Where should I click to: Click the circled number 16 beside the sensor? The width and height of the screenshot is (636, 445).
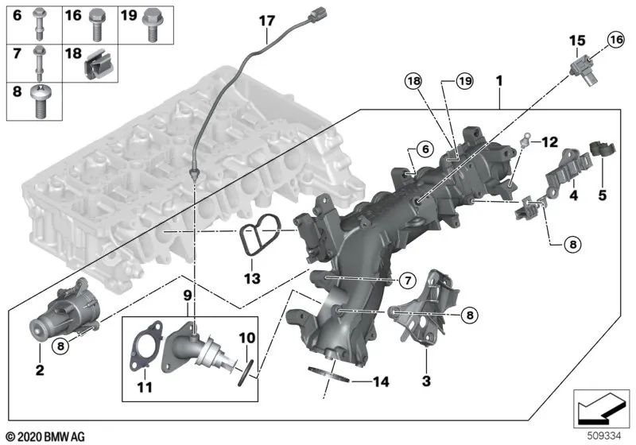pyautogui.click(x=616, y=39)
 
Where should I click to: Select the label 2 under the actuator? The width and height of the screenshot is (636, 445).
pyautogui.click(x=41, y=370)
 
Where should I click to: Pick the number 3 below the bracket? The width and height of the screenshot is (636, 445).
pyautogui.click(x=426, y=381)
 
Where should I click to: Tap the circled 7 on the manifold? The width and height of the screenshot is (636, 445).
pyautogui.click(x=405, y=281)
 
